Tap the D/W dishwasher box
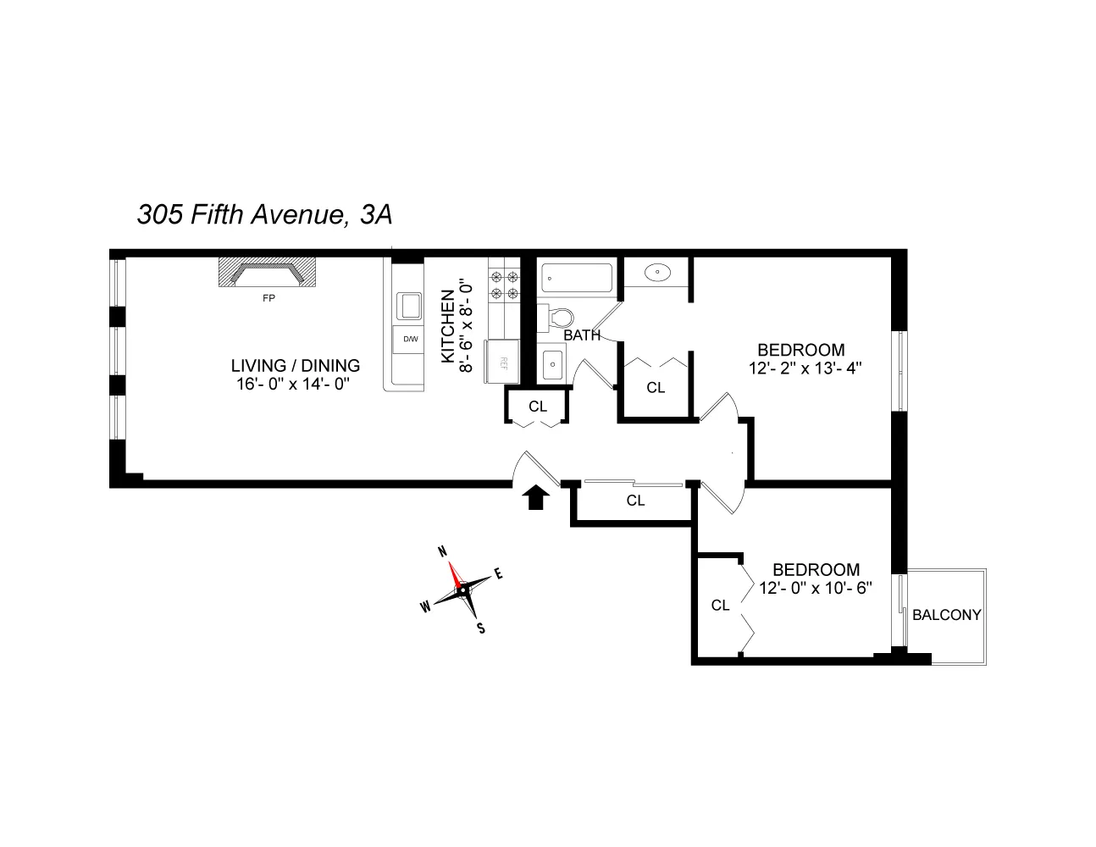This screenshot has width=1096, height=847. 410,339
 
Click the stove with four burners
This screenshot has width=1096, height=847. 503,284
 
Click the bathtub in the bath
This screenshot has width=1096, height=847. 576,276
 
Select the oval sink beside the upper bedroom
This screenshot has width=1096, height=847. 658,273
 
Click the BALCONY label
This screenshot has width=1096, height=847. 946,615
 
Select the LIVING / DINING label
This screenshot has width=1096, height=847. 296,366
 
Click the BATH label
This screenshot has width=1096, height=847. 582,335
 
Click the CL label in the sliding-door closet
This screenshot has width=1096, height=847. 635,501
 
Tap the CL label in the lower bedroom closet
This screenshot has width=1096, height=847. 720,605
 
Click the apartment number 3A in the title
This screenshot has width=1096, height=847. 376,216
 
